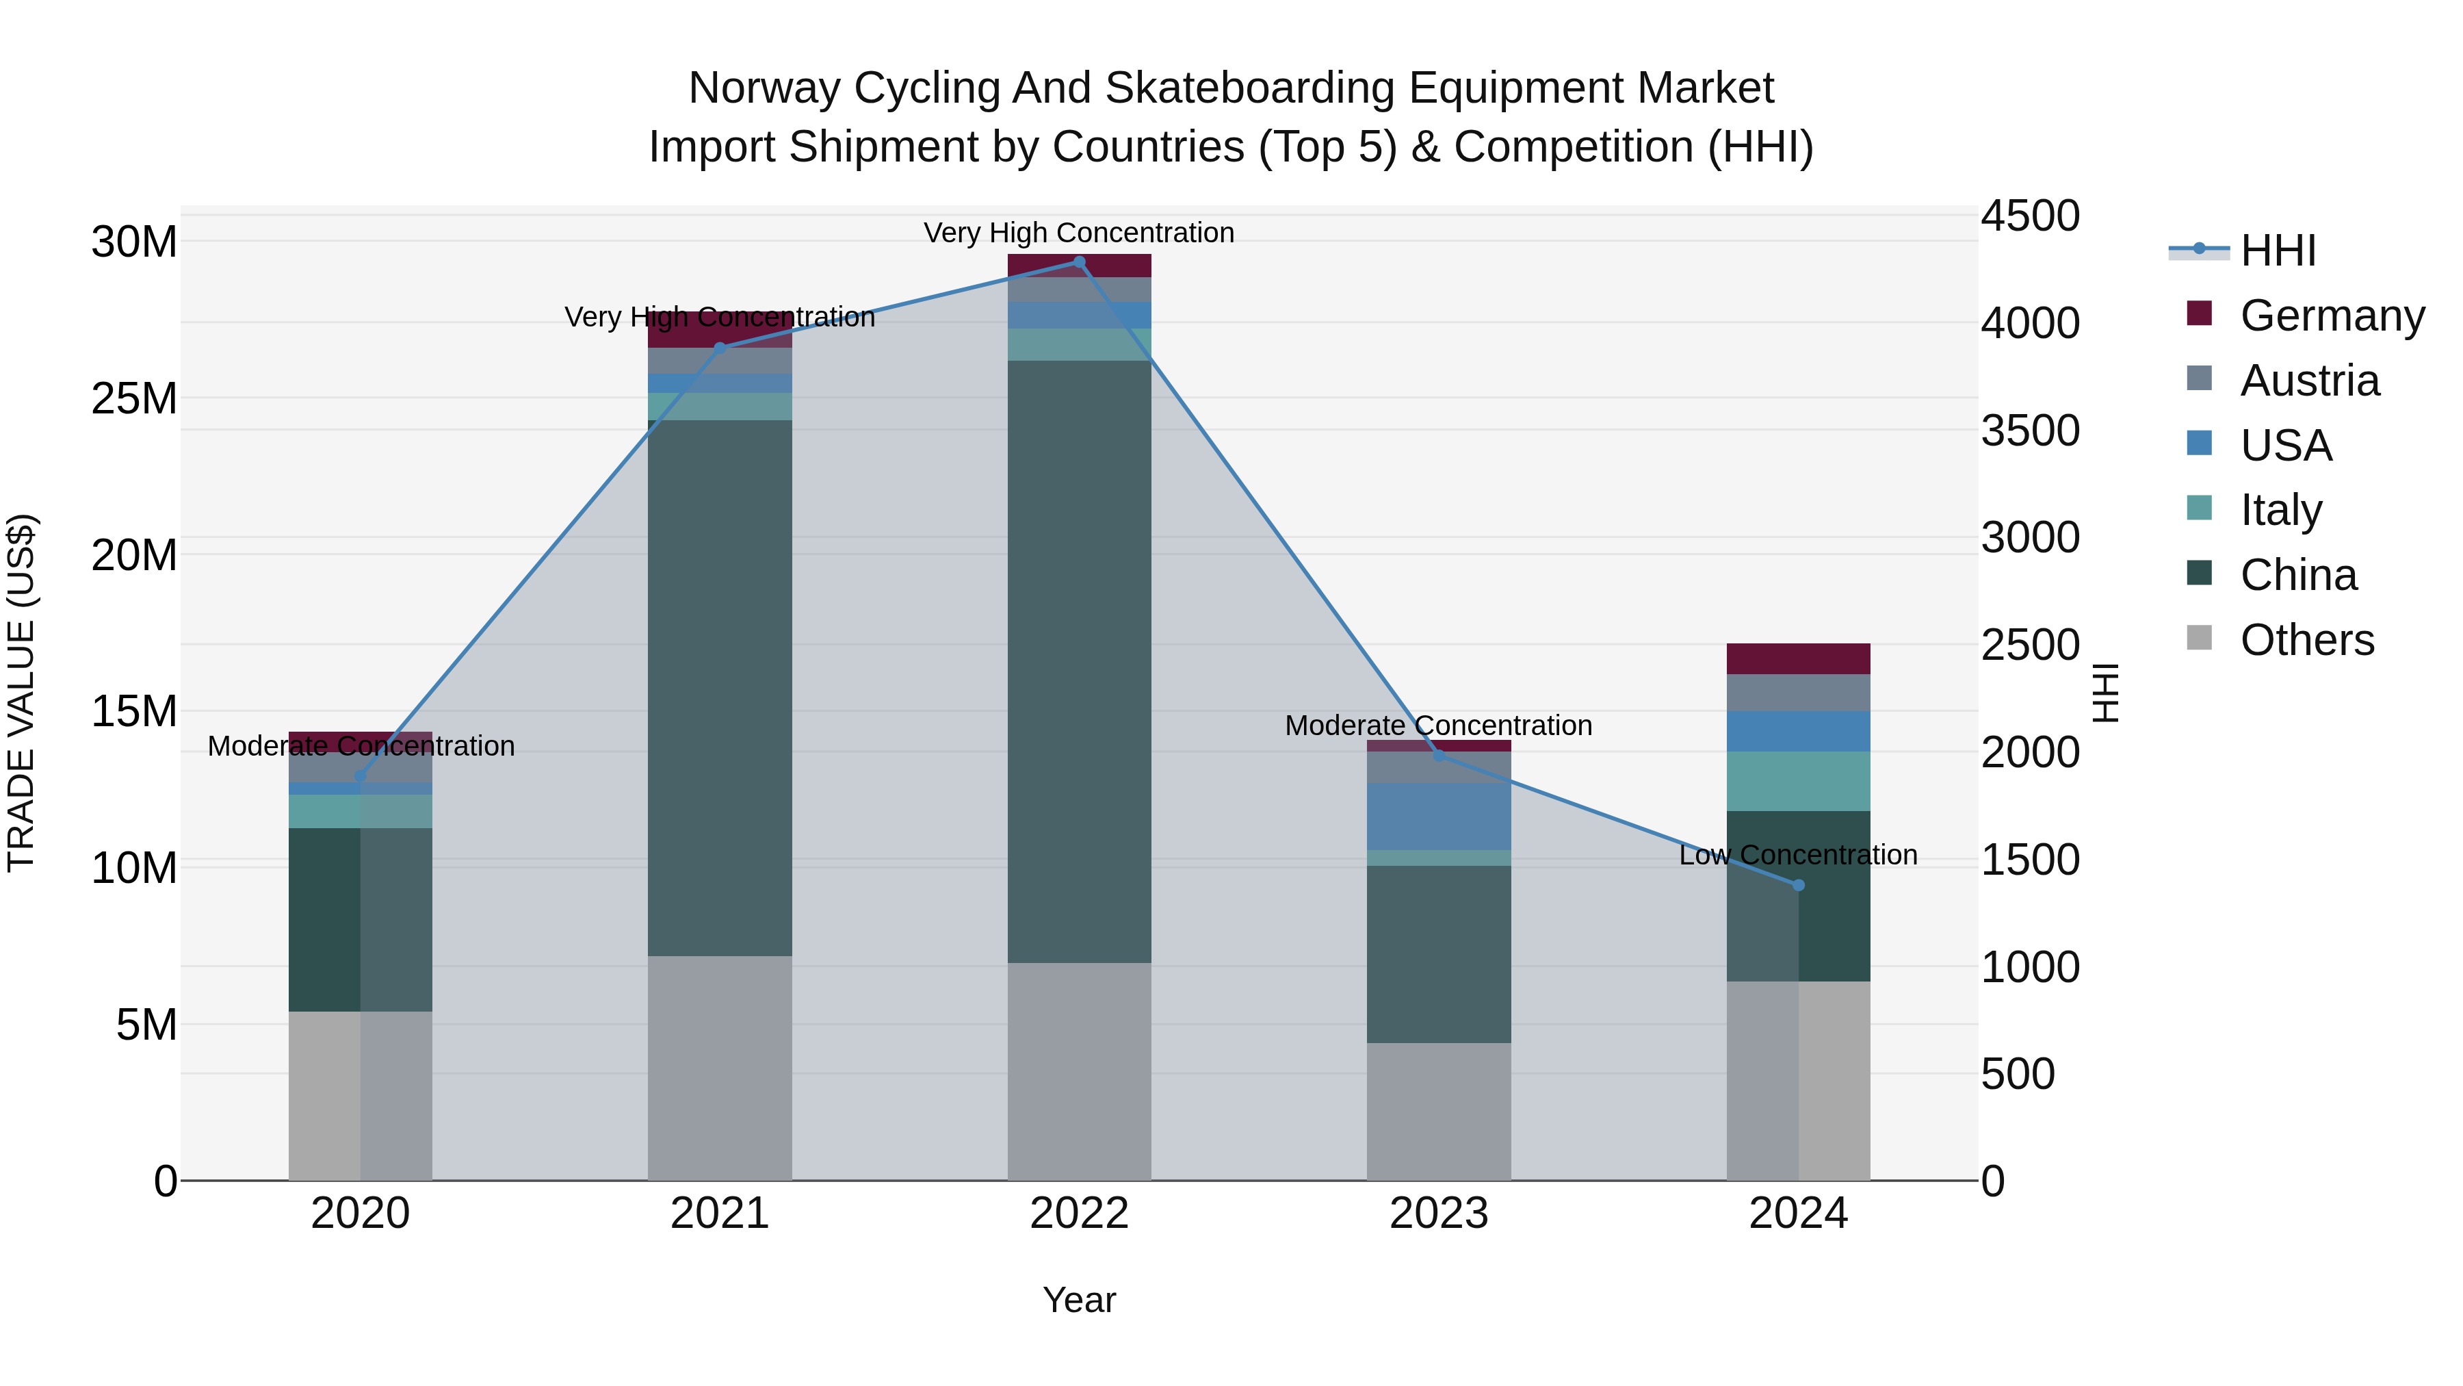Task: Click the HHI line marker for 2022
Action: click(1080, 262)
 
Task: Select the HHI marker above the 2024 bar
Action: click(1799, 885)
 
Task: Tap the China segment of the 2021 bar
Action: click(720, 688)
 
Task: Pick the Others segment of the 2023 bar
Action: click(1439, 1111)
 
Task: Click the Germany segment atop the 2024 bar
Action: click(1799, 659)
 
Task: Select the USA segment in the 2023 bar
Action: click(1439, 816)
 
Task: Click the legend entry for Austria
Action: click(2309, 381)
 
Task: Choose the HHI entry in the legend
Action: click(2278, 251)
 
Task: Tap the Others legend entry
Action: click(2306, 640)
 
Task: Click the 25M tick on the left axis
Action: click(134, 398)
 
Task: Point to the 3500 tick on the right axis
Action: click(2029, 431)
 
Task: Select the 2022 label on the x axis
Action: click(1080, 1214)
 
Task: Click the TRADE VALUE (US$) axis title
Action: click(21, 693)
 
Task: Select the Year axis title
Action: click(1080, 1300)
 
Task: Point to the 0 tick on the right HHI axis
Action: click(1994, 1181)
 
